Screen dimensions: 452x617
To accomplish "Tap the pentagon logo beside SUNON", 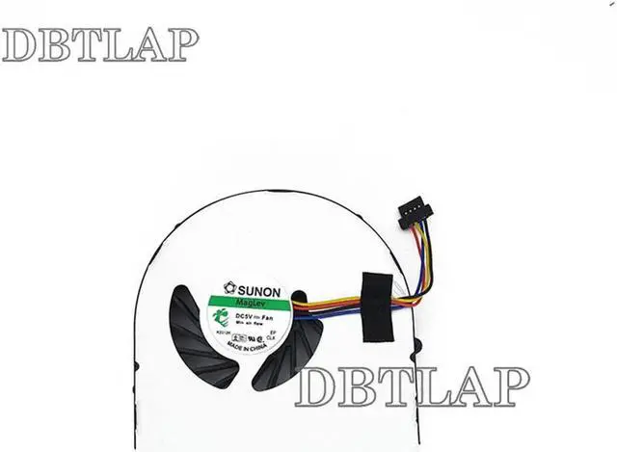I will pyautogui.click(x=229, y=287).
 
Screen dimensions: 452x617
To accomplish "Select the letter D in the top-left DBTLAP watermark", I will pyautogui.click(x=19, y=44).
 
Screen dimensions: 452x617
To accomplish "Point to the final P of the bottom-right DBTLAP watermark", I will pyautogui.click(x=510, y=386).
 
